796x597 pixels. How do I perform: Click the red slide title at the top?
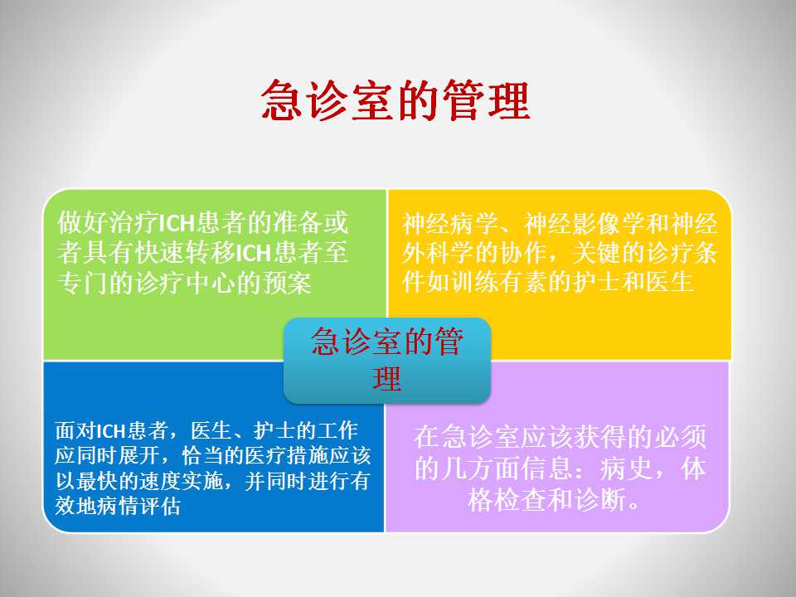click(396, 100)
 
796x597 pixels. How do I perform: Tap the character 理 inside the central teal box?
click(387, 379)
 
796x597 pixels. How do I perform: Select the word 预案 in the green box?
click(287, 283)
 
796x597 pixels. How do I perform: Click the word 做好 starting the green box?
click(83, 222)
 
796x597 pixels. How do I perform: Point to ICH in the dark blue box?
click(110, 431)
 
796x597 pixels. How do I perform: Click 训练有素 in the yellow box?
click(500, 282)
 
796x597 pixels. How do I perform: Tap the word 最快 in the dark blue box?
click(97, 481)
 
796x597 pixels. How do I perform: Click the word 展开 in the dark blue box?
click(138, 455)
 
